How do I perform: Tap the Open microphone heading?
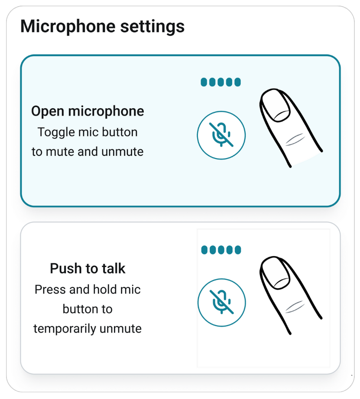88,111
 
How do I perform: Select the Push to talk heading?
88,268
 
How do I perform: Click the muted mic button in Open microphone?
221,135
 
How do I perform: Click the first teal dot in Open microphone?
204,82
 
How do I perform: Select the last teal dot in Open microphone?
237,82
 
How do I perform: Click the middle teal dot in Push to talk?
221,250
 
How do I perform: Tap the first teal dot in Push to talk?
204,250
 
